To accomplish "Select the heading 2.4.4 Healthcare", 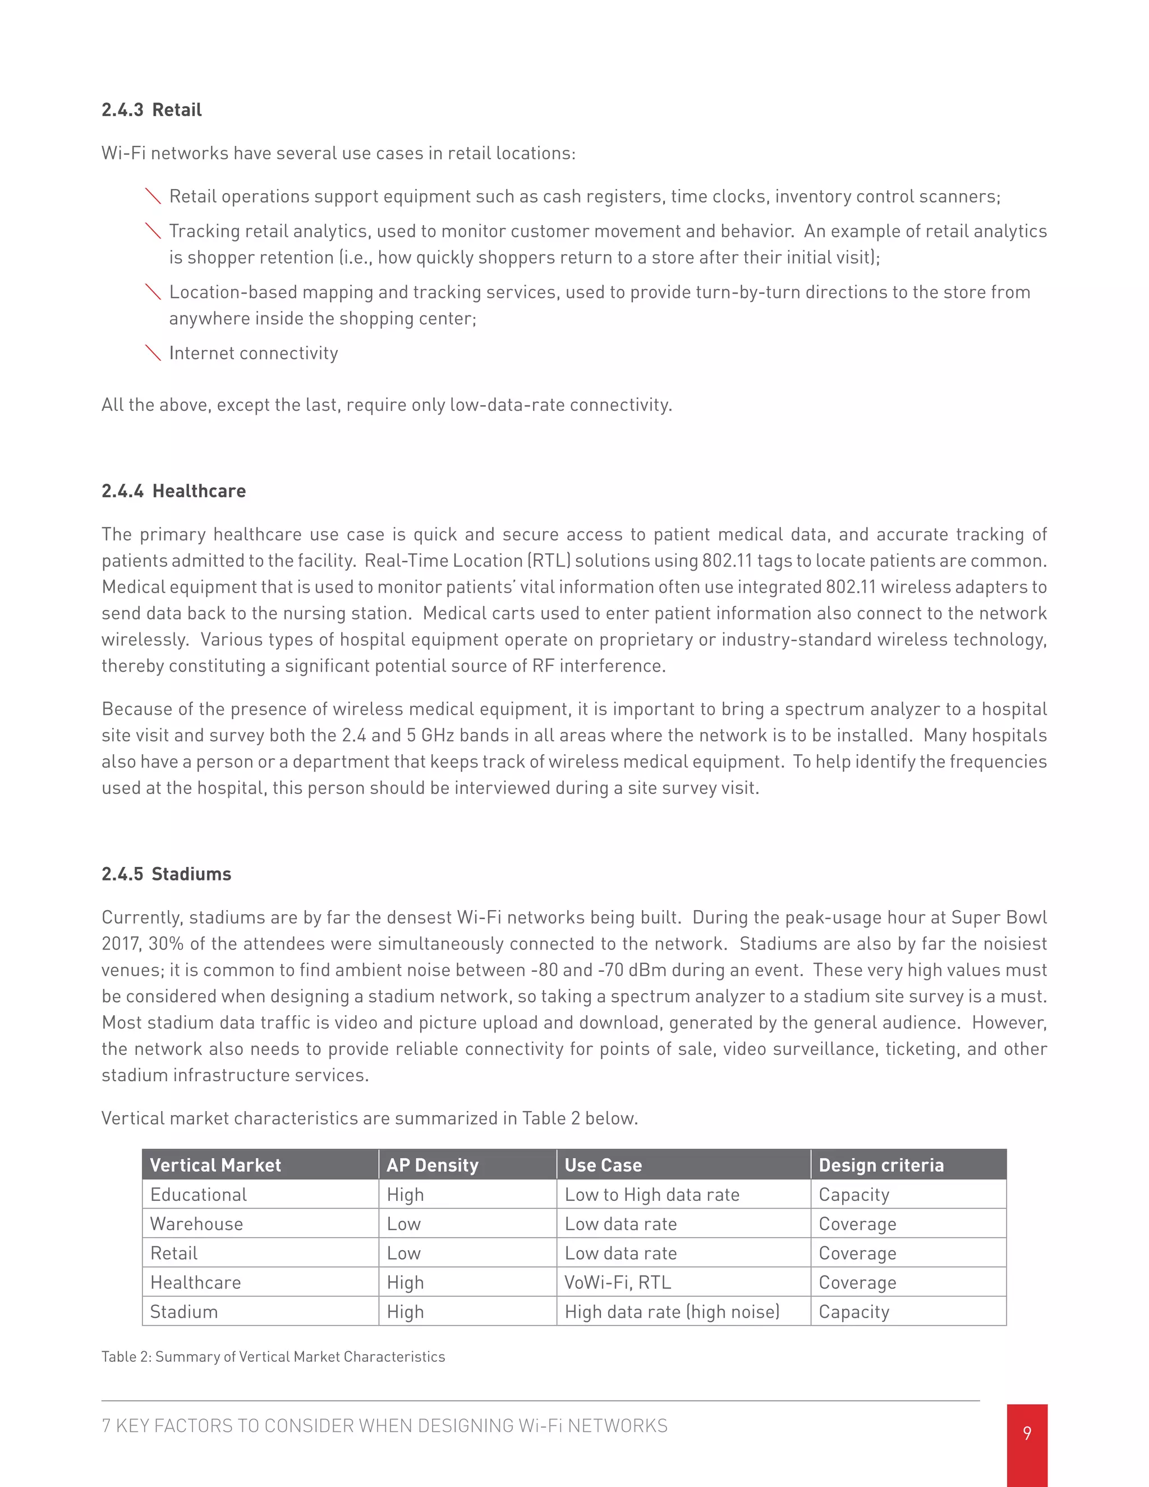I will point(173,491).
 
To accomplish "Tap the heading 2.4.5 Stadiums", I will point(166,874).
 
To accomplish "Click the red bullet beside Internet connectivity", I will point(153,353).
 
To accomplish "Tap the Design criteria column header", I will point(881,1165).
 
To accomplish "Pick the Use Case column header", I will point(603,1165).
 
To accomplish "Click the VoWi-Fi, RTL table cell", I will point(617,1282).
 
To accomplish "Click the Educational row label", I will point(198,1194).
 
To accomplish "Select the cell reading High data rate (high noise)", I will point(672,1311).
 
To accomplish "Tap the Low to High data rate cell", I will point(651,1194).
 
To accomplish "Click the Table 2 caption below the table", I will point(273,1356).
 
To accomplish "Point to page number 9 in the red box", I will point(1027,1433).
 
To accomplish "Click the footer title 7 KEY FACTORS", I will point(384,1426).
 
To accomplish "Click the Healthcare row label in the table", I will point(195,1282).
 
